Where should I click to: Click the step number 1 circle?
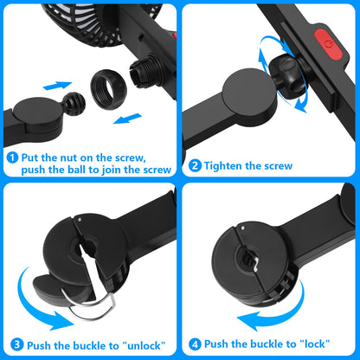(12, 157)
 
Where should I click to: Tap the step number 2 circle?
(195, 166)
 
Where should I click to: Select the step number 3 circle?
(17, 344)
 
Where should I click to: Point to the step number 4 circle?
(195, 344)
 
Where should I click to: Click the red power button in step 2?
(328, 45)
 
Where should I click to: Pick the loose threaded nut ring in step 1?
(108, 88)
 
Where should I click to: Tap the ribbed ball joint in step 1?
(74, 104)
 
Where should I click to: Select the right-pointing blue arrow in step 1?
(57, 86)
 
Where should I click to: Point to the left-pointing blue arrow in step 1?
(127, 119)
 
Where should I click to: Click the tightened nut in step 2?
(286, 75)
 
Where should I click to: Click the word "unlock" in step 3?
(144, 345)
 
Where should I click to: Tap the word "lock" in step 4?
(315, 344)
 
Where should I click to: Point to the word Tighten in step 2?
(223, 166)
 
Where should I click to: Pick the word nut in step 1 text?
(68, 157)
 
